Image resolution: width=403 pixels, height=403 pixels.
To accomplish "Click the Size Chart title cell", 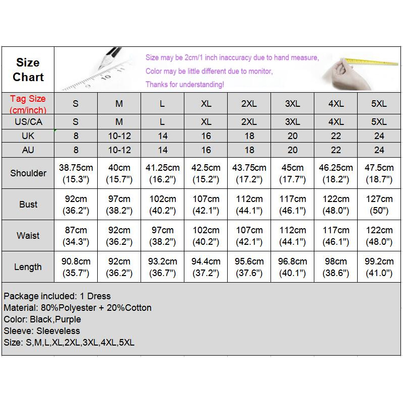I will (28, 70).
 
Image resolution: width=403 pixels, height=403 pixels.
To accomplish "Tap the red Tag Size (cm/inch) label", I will (28, 104).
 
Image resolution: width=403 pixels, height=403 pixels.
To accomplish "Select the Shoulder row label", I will (28, 173).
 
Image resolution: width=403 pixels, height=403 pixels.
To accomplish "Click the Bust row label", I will (28, 204).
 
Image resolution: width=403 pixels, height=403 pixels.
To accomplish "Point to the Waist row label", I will (28, 235).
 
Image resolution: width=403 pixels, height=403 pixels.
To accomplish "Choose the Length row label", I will (28, 267).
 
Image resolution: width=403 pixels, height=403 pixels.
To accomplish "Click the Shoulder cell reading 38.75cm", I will (76, 173).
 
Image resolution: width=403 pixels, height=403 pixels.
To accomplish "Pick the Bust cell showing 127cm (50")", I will (379, 204).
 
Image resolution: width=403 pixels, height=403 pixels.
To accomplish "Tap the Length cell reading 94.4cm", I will (206, 267).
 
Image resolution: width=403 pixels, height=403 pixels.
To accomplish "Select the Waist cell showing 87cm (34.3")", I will (76, 235).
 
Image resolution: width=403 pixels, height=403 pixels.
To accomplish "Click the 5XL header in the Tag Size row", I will (379, 104).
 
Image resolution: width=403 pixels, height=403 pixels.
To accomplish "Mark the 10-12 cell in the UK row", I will (119, 136).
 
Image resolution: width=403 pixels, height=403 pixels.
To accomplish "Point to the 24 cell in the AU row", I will (379, 150).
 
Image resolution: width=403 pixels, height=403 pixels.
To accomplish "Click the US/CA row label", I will (28, 122).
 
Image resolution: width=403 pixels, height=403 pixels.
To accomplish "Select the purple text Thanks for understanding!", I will (185, 85).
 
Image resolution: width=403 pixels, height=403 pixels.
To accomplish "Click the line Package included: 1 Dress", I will (57, 296).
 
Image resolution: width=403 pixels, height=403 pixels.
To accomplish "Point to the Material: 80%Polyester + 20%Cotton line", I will (78, 308).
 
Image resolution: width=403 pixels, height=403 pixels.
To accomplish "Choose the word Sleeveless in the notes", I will (58, 331).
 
